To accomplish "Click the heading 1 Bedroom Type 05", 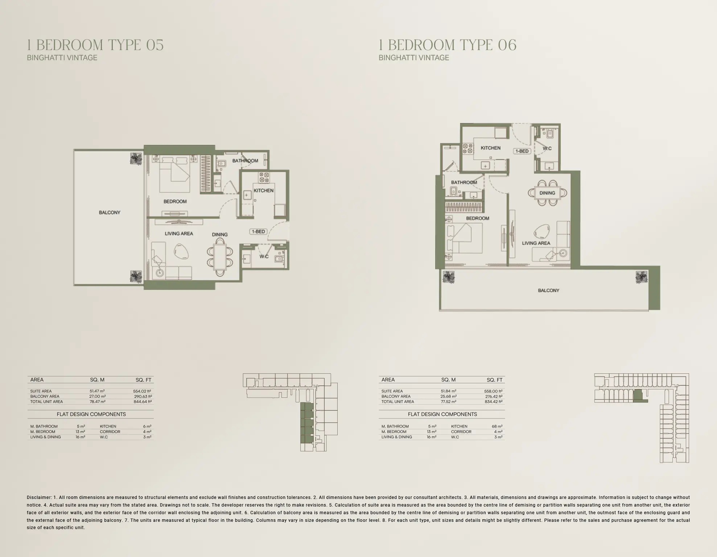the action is [95, 45].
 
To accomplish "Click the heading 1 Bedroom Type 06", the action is [448, 45].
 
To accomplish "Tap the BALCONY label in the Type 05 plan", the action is [110, 213].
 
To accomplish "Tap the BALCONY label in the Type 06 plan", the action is [548, 290].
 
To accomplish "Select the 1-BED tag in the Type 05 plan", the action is [259, 232].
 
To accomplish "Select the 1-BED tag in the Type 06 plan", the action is [522, 151].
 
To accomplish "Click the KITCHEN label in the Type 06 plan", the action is [490, 148].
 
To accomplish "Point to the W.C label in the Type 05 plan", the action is [264, 257].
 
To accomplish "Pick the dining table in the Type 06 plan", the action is [547, 193].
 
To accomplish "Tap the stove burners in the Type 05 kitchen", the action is [264, 177].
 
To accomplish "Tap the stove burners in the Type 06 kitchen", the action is [467, 148].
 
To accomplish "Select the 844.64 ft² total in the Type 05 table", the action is [143, 402].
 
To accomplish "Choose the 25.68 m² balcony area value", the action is [449, 396].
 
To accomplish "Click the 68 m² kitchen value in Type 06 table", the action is [497, 426].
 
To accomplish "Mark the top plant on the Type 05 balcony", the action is [136, 159].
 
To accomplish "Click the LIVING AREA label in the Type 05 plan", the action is [179, 234].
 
